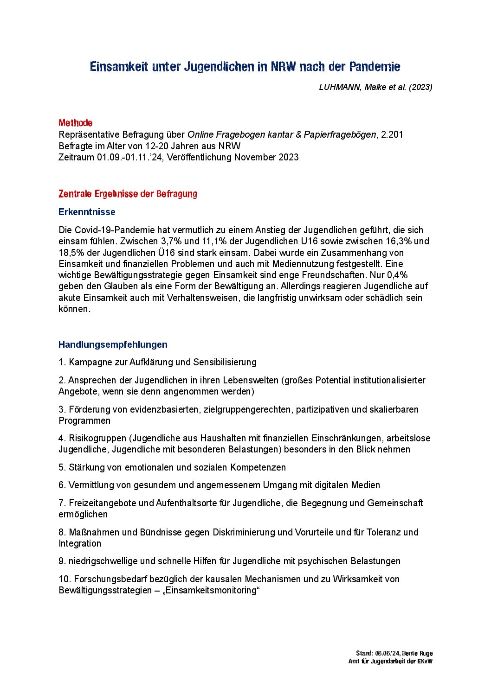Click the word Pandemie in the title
[x=375, y=67]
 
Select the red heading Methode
[x=75, y=123]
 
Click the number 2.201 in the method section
[x=392, y=134]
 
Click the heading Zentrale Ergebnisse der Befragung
[x=128, y=194]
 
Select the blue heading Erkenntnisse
[x=87, y=212]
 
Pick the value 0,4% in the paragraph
[x=397, y=275]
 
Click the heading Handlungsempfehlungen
[x=113, y=344]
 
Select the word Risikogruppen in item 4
[x=97, y=438]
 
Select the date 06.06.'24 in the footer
[x=387, y=653]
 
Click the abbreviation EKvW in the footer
[x=424, y=661]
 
